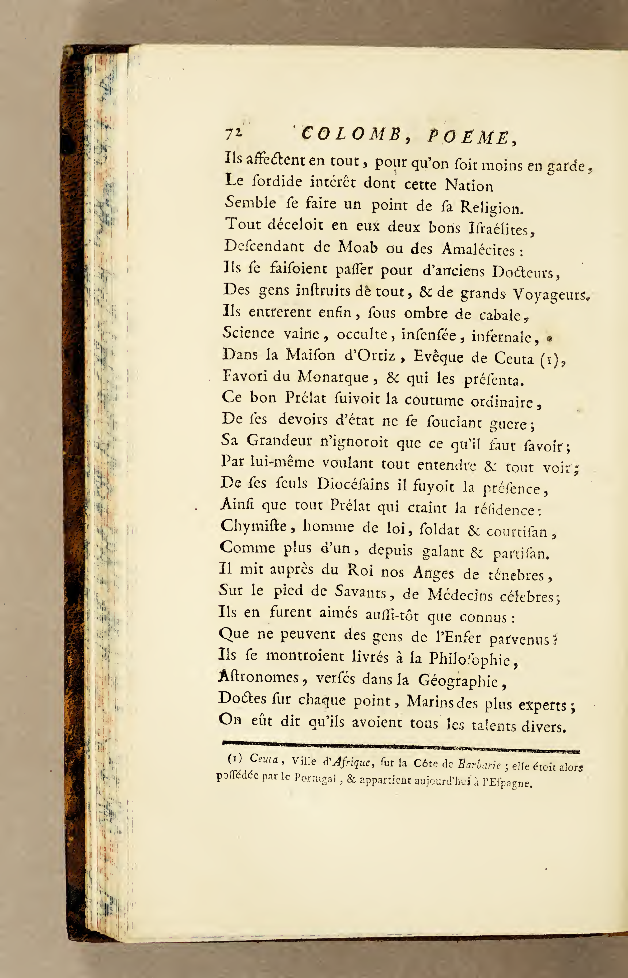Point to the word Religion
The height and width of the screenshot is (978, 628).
pos(491,208)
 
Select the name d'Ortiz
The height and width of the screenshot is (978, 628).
pos(370,356)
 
